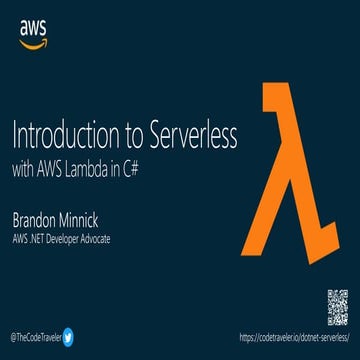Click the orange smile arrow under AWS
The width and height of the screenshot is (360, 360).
pos(33,44)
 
